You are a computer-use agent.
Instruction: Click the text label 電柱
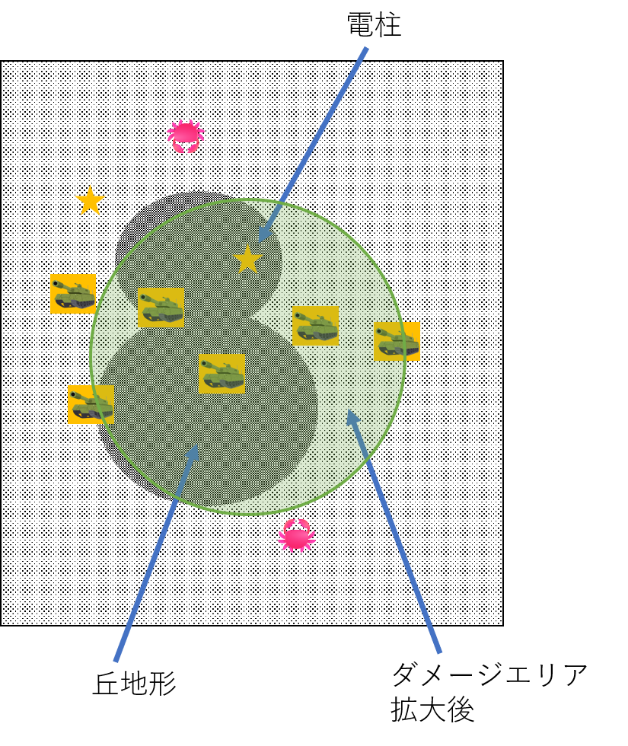374,24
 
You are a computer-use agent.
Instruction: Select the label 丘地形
134,684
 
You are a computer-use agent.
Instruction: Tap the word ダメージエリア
489,674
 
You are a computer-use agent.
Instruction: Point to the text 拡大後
432,709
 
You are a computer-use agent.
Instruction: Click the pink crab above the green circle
186,136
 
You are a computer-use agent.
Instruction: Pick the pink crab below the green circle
297,534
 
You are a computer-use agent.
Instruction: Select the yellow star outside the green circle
90,201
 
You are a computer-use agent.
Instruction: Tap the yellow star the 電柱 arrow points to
248,260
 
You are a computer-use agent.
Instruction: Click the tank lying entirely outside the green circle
73,294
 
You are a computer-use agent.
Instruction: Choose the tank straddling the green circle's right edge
397,341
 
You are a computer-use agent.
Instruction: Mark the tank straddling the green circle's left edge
91,404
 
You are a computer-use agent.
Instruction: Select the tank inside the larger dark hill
222,374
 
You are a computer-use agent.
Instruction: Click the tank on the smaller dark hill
161,308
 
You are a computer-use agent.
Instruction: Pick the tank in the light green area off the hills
315,326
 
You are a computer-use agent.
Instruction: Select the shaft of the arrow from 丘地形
156,553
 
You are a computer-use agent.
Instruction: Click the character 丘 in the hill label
106,684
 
